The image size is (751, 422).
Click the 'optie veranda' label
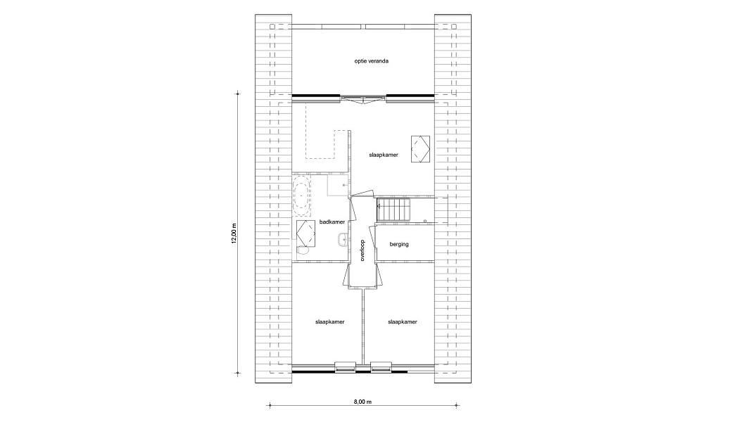(x=371, y=61)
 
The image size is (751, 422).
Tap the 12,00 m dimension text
(x=234, y=234)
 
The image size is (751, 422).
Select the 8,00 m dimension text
(x=362, y=402)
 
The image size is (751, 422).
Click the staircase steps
(x=394, y=210)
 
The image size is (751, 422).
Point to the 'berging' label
(x=399, y=244)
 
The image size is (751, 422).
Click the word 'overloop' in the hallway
(x=362, y=250)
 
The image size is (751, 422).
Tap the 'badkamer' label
(x=332, y=222)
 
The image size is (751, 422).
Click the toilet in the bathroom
(x=302, y=250)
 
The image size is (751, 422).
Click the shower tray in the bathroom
(x=338, y=186)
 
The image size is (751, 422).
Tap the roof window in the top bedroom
(x=420, y=150)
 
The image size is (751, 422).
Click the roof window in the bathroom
(x=305, y=233)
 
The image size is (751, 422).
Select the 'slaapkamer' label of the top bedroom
(x=384, y=155)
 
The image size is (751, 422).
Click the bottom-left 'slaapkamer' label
(x=330, y=322)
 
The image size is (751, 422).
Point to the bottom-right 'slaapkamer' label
(x=403, y=322)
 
